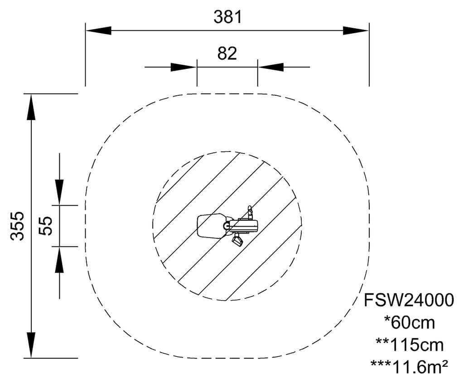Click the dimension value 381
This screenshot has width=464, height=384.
pos(228,17)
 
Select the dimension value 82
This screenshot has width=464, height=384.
pos(227,53)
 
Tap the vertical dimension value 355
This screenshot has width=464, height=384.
pos(17,225)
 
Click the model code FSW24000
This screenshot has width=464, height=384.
pos(408,300)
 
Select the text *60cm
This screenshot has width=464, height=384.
pos(409,323)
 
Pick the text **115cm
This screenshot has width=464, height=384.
pos(409,345)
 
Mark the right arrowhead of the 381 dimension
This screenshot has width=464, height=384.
pos(356,30)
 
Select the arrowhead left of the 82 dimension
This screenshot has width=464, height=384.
pos(184,67)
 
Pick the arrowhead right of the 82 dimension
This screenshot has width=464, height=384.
pos(271,67)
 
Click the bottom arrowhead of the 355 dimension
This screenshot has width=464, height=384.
pos(31,345)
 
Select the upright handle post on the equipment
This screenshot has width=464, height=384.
pos(249,212)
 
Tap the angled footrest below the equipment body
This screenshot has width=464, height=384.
pos(237,241)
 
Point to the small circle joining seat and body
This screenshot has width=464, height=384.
pos(227,225)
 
